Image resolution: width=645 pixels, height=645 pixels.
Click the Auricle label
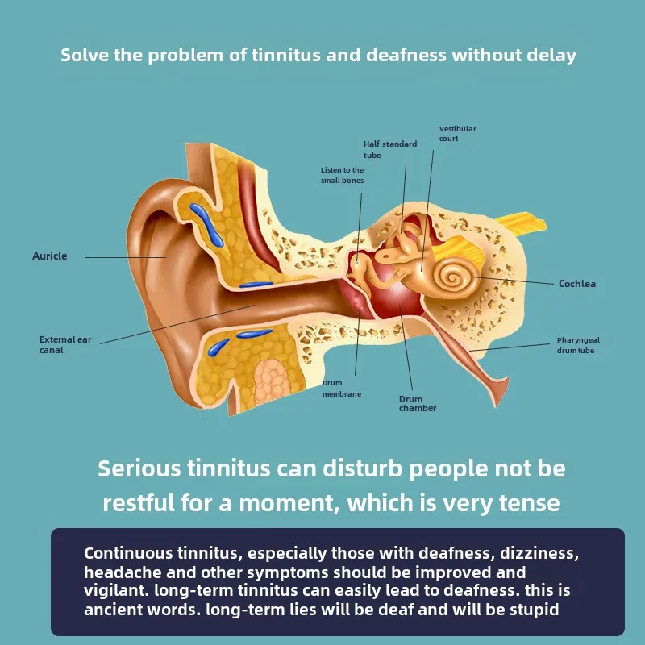click(x=49, y=256)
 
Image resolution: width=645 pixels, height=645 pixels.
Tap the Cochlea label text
click(x=577, y=284)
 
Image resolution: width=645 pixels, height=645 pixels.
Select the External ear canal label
click(x=64, y=345)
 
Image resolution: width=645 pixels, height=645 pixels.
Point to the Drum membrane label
click(x=342, y=389)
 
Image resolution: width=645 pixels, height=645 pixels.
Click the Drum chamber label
click(x=418, y=403)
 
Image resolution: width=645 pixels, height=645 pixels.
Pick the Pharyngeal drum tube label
click(x=578, y=345)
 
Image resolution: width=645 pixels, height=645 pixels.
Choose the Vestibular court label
click(x=457, y=134)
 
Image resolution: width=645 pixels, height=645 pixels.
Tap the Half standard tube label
click(x=389, y=149)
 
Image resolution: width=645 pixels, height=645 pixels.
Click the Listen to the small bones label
click(x=342, y=175)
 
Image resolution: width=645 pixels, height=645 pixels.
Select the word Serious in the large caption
click(x=139, y=468)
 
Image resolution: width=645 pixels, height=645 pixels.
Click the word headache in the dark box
click(x=118, y=572)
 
